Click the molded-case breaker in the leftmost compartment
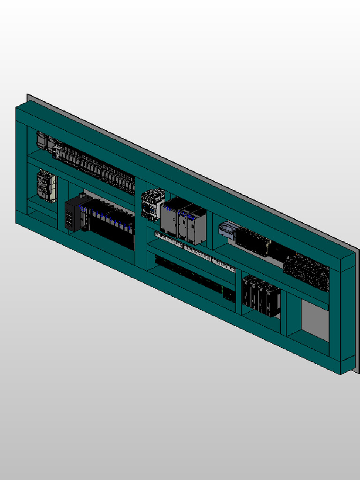(46, 186)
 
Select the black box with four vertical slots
(71, 215)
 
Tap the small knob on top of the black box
(82, 194)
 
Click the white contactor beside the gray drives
(152, 204)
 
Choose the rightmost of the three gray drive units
(197, 227)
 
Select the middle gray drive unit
(184, 223)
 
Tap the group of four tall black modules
(261, 296)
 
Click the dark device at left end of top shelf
(42, 141)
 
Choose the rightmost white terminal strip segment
(224, 265)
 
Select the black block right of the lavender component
(252, 242)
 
